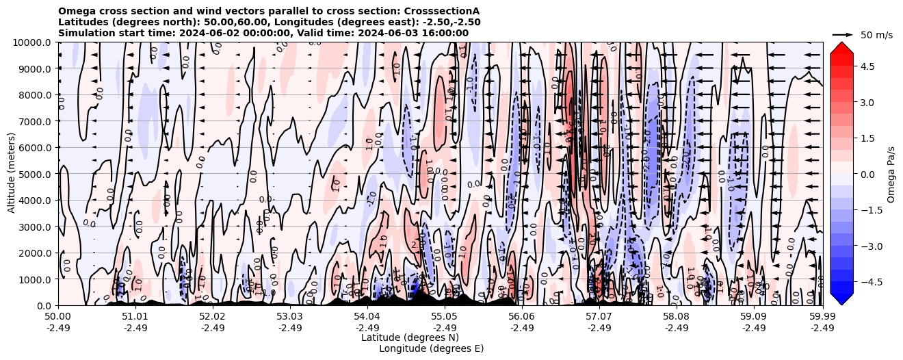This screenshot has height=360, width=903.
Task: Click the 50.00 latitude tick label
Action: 58,317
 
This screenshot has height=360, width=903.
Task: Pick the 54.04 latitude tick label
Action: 367,317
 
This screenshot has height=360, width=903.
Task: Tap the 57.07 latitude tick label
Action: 599,317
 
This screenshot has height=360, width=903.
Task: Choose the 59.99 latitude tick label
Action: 822,317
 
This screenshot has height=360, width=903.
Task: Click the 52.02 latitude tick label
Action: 213,317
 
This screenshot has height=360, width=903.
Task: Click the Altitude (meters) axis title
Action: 12,174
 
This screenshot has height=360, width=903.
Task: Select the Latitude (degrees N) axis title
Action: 410,337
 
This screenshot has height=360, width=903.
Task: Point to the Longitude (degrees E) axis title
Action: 431,348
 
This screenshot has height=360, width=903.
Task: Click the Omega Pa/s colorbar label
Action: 891,174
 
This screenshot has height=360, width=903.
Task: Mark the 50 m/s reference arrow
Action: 842,34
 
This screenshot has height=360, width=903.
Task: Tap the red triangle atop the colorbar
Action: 841,47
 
